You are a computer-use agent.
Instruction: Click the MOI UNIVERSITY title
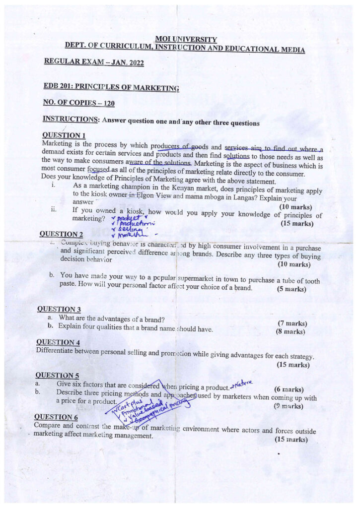point(186,39)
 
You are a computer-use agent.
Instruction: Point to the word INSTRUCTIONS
point(70,120)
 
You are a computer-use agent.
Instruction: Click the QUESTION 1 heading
point(64,135)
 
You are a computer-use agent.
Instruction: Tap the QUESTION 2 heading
point(61,234)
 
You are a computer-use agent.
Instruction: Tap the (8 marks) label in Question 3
point(290,332)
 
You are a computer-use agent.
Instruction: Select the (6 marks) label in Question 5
point(288,389)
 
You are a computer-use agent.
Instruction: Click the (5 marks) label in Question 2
point(291,289)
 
